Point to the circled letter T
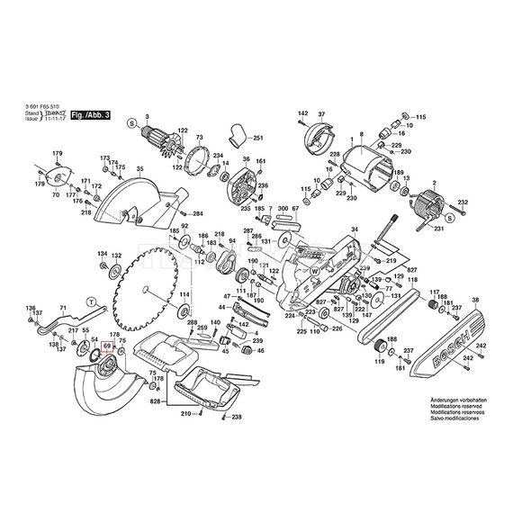(90, 300)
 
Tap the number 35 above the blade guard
(139, 169)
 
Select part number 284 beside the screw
(197, 213)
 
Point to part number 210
(185, 415)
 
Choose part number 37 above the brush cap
(321, 113)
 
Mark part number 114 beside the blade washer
(183, 295)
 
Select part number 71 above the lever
(86, 181)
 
